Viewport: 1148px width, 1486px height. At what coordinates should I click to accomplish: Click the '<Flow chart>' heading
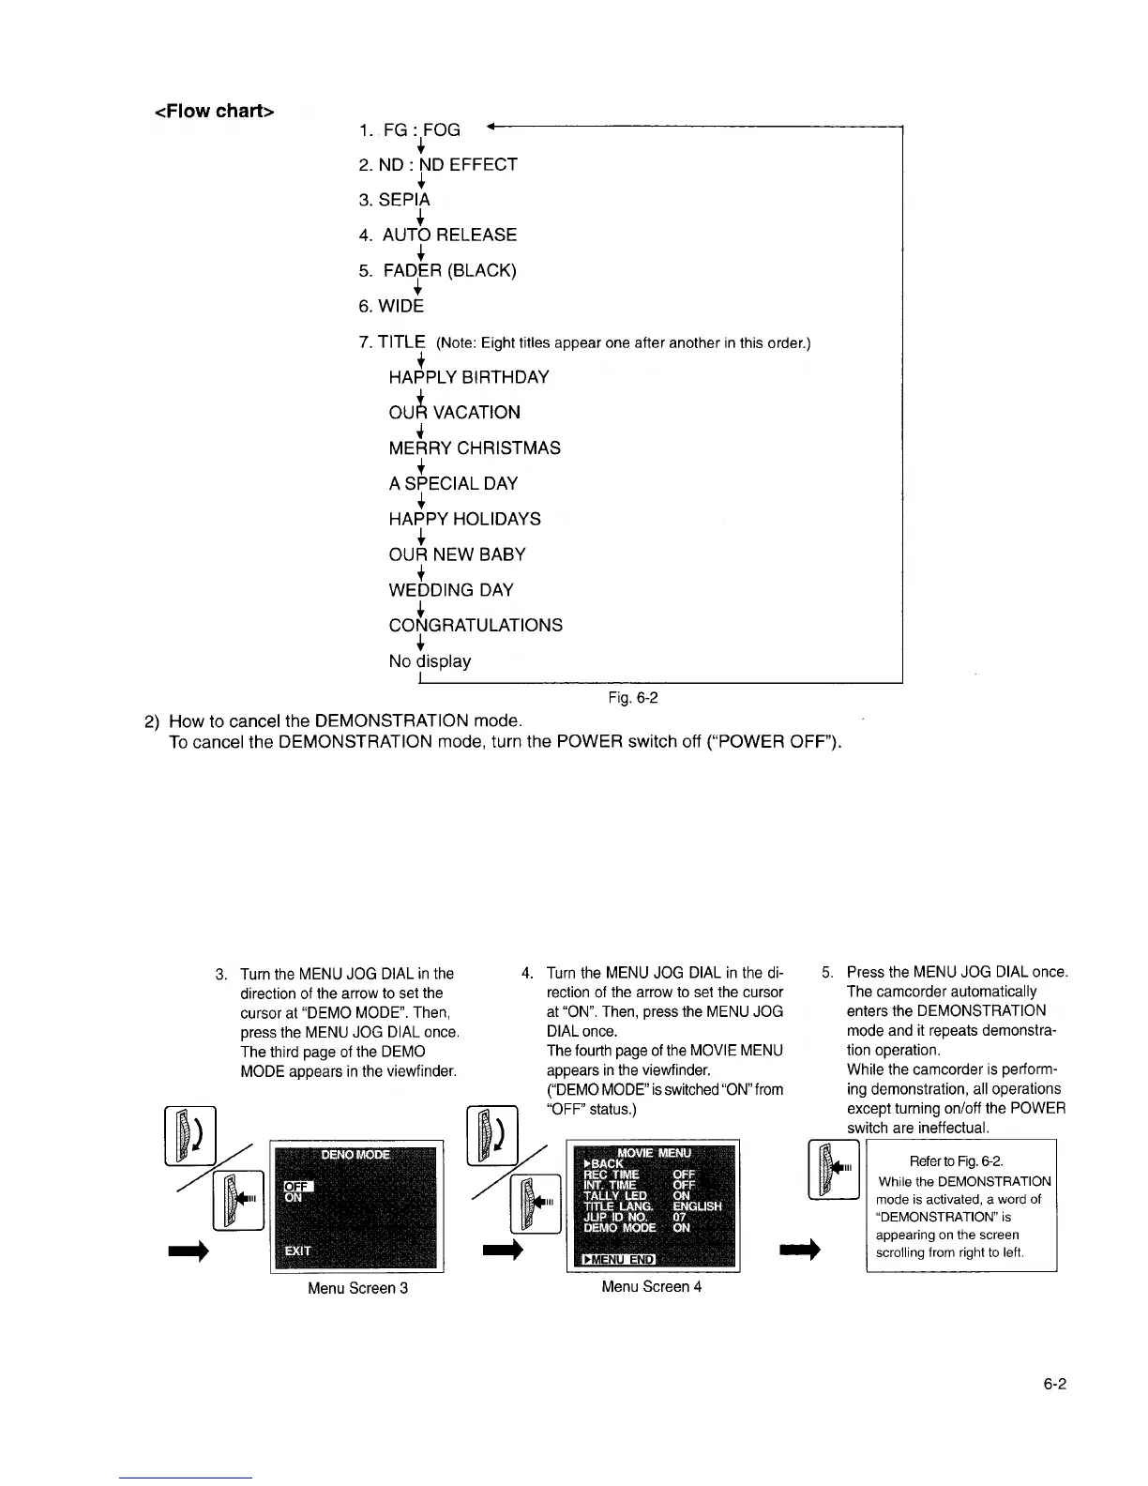[x=214, y=112]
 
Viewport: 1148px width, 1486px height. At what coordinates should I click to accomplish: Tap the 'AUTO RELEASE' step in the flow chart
[x=449, y=235]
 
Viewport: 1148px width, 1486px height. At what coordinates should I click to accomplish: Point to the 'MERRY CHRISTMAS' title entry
[x=475, y=448]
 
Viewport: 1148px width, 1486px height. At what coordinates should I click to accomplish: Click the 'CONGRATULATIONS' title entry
[x=476, y=626]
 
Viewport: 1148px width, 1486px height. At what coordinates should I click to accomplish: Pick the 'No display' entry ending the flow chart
[x=430, y=661]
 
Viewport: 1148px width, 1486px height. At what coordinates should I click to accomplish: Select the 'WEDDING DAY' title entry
[x=451, y=590]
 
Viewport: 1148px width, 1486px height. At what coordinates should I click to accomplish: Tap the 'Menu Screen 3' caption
[x=357, y=1288]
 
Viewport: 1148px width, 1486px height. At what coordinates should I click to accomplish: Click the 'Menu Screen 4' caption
[x=651, y=1287]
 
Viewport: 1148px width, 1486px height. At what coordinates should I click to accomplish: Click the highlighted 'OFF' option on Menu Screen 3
[x=298, y=1188]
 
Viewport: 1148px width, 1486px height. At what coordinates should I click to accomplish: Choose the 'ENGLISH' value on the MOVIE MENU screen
[x=698, y=1207]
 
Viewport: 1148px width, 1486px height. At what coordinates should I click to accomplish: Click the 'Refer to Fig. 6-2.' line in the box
[x=956, y=1162]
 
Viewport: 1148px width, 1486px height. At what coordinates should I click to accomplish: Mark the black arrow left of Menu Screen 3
[x=189, y=1250]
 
